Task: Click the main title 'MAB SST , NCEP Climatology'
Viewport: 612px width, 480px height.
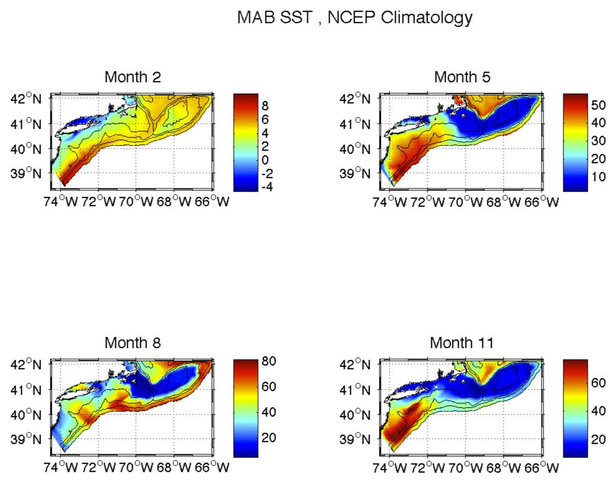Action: pos(355,18)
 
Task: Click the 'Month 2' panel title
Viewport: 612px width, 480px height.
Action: pos(133,77)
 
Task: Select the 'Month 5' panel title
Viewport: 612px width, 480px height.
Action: pos(462,77)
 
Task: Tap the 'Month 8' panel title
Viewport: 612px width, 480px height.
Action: pos(133,342)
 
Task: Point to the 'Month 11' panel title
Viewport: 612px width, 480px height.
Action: pos(462,342)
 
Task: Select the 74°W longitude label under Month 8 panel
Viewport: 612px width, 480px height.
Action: pos(61,466)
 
